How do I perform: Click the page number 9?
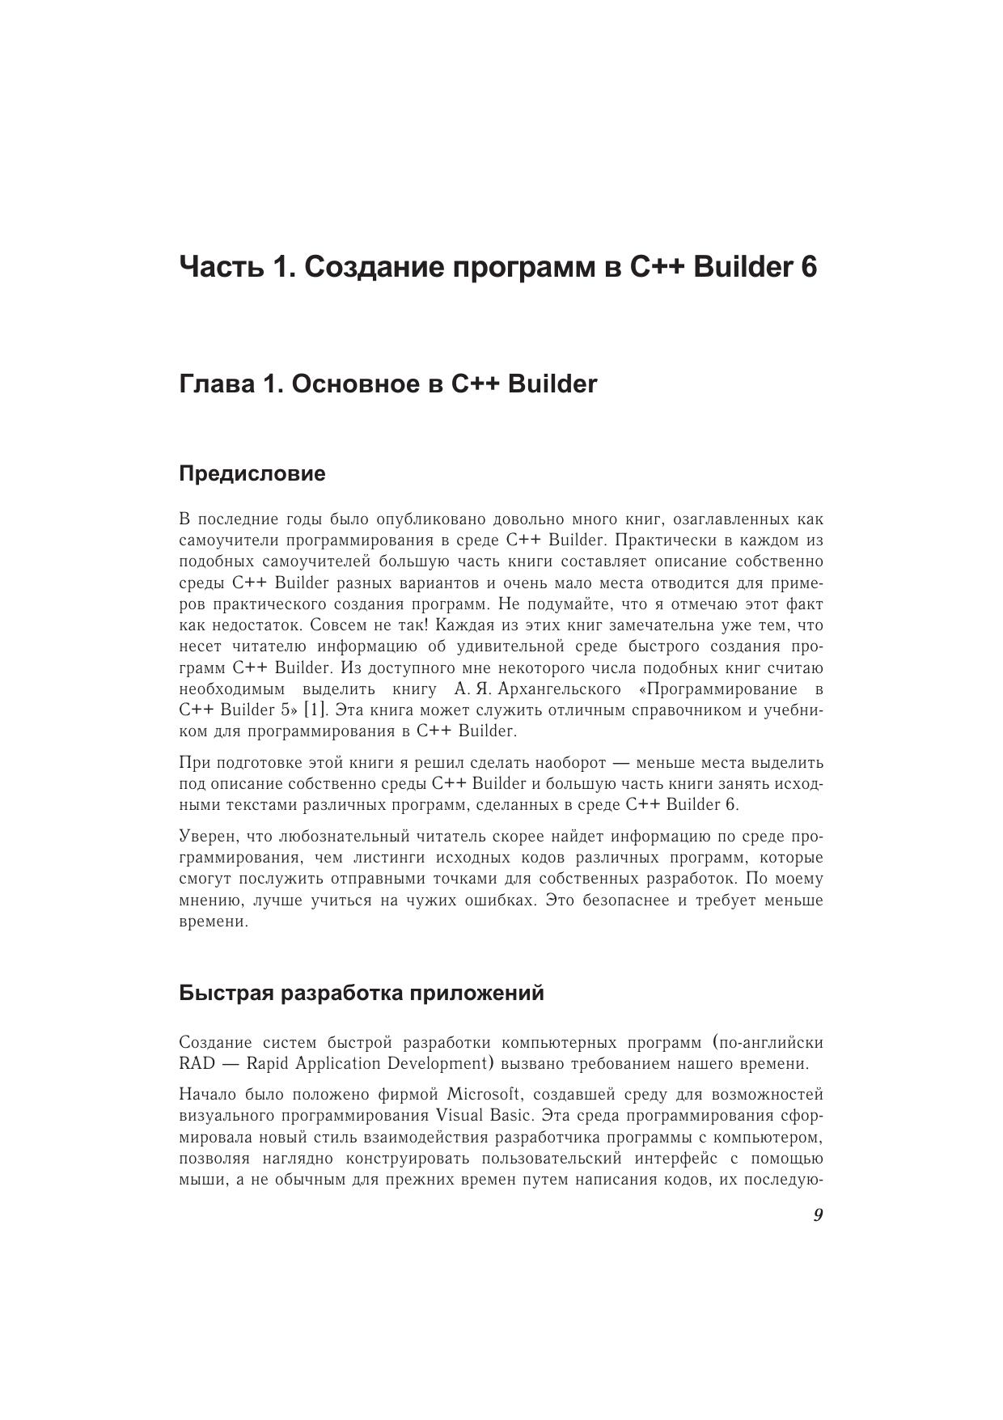point(818,1215)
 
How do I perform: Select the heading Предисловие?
point(252,473)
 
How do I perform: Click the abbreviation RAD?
point(197,1063)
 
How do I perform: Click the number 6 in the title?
point(809,266)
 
